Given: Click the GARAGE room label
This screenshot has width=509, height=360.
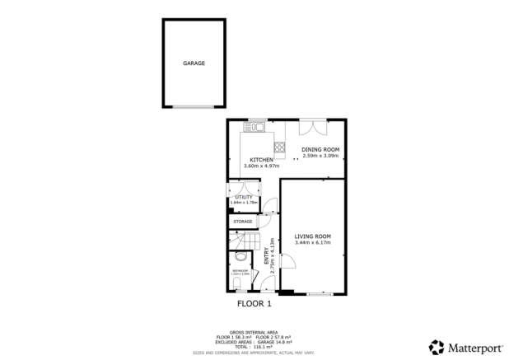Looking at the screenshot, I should pyautogui.click(x=194, y=63).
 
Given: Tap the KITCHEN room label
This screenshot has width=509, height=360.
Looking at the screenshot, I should pyautogui.click(x=261, y=160).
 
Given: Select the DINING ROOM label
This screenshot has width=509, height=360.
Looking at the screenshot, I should pyautogui.click(x=320, y=149).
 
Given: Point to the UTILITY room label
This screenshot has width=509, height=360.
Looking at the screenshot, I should pyautogui.click(x=244, y=197).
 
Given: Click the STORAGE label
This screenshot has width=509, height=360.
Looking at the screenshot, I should pyautogui.click(x=242, y=222).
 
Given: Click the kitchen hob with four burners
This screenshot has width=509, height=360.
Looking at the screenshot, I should pyautogui.click(x=279, y=148).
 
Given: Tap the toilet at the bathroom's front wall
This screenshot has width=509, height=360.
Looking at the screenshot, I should pyautogui.click(x=237, y=285).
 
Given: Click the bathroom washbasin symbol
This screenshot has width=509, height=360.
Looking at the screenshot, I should pyautogui.click(x=240, y=255).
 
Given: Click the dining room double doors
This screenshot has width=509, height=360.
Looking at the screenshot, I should pyautogui.click(x=312, y=128).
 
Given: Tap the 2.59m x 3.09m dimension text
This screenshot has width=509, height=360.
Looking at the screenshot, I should pyautogui.click(x=320, y=156).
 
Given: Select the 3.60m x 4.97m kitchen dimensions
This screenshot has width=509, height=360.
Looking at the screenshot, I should pyautogui.click(x=261, y=166).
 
